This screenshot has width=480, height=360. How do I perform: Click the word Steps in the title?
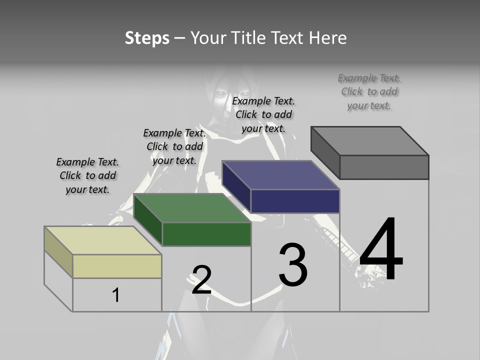point(147,38)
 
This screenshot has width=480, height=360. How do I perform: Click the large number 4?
point(381,250)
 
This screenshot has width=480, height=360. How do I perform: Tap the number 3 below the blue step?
point(293,265)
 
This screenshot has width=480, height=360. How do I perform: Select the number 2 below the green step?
point(202,280)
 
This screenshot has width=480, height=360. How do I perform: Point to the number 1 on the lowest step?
point(116,295)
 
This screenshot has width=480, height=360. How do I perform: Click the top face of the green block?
point(192,208)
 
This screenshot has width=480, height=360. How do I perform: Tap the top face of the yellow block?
point(103,240)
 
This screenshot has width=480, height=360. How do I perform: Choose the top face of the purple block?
point(281,175)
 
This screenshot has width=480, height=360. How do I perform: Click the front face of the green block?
point(206,234)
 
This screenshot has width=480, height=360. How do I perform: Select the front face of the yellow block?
point(117,266)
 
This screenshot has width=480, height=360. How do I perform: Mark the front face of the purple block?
point(295,201)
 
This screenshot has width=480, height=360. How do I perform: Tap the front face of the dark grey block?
point(384,167)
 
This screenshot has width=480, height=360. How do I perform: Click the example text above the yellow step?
point(87,175)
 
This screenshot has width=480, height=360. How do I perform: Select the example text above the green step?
point(174,146)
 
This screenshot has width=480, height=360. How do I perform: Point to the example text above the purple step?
point(263,114)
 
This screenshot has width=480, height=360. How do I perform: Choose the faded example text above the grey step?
point(369,91)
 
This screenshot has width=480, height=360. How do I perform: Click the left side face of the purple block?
point(236,187)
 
